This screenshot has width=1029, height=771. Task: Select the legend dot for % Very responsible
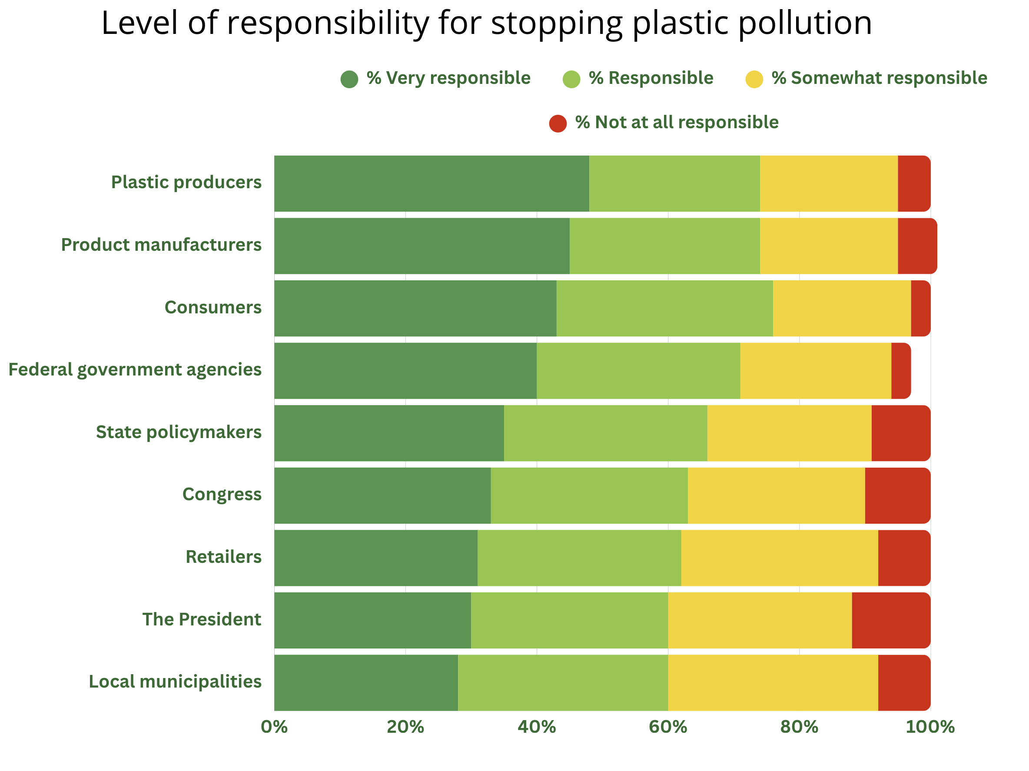tap(349, 79)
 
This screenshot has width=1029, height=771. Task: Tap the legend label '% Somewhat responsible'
tap(879, 78)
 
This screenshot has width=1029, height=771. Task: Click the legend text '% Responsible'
tap(651, 78)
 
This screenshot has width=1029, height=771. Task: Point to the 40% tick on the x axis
tap(536, 727)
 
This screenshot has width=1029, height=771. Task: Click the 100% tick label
tap(929, 727)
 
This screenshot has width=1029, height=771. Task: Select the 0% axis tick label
tap(274, 727)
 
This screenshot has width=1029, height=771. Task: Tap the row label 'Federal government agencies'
tap(135, 369)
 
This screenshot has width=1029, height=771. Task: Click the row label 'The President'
tap(202, 619)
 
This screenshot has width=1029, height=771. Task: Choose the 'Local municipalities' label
tap(175, 681)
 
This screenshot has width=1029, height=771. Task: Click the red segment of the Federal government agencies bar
tap(901, 371)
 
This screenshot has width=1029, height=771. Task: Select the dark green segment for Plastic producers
tap(431, 183)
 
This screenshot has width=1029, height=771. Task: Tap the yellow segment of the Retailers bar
tap(779, 558)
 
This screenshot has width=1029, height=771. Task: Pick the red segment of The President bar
tap(890, 620)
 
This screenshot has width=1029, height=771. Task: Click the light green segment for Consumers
tap(664, 308)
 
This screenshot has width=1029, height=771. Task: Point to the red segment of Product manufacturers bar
tap(916, 246)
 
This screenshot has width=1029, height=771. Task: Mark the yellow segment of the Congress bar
tap(776, 495)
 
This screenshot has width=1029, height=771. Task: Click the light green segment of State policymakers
tap(605, 433)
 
